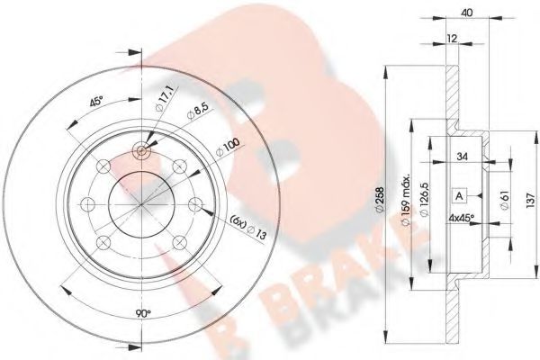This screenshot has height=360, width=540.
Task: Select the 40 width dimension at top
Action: (x=464, y=12)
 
